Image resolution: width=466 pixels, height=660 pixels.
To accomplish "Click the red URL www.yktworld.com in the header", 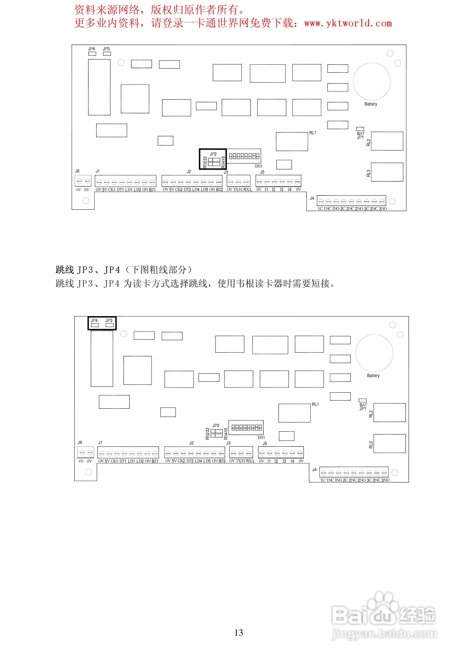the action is pyautogui.click(x=348, y=23).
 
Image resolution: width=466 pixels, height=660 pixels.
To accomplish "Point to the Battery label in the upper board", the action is pyautogui.click(x=371, y=104).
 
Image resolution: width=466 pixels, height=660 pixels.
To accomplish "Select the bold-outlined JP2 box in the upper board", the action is pyautogui.click(x=213, y=159).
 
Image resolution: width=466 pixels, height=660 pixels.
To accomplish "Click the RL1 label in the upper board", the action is pyautogui.click(x=312, y=133).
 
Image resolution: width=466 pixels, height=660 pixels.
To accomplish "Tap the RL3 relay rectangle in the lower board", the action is pyautogui.click(x=389, y=443).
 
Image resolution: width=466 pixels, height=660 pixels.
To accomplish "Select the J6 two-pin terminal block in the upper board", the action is pyautogui.click(x=83, y=181).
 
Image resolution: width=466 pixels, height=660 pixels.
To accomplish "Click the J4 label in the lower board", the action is pyautogui.click(x=314, y=470).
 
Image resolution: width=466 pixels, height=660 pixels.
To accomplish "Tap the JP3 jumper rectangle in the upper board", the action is pyautogui.click(x=107, y=53).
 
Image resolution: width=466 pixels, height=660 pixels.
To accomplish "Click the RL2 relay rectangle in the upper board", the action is pyautogui.click(x=387, y=141).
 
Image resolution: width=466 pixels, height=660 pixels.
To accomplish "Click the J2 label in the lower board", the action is pyautogui.click(x=191, y=443).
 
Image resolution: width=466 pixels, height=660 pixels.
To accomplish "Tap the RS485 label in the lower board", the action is pyautogui.click(x=226, y=433).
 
